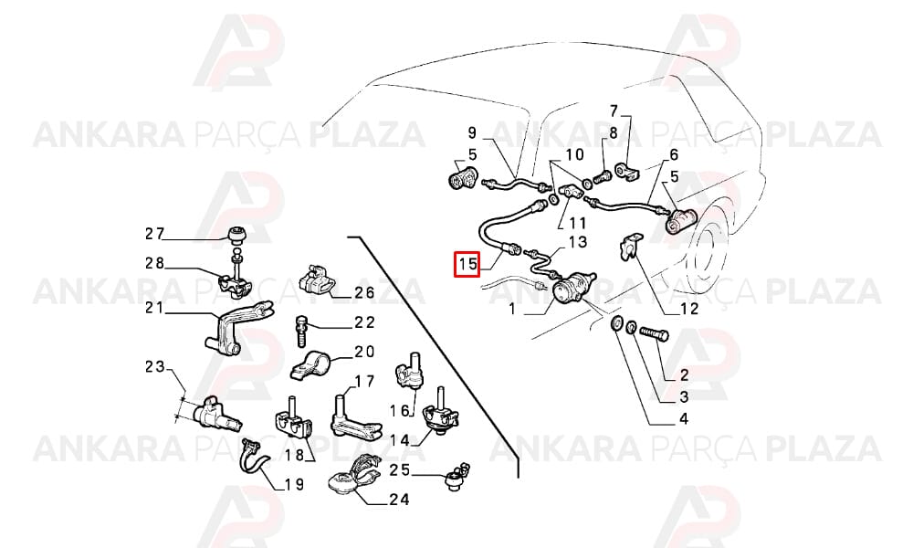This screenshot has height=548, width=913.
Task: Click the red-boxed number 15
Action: pyautogui.click(x=467, y=264)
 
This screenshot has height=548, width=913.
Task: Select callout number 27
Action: pyautogui.click(x=155, y=234)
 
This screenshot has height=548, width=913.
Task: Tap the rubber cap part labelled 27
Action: pyautogui.click(x=236, y=236)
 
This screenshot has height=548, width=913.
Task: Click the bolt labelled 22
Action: pyautogui.click(x=301, y=331)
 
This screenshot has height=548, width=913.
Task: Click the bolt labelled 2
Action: pyautogui.click(x=654, y=335)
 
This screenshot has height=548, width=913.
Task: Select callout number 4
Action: pyautogui.click(x=684, y=418)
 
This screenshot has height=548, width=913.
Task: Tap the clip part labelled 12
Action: pyautogui.click(x=628, y=246)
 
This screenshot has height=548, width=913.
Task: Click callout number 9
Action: pyautogui.click(x=472, y=132)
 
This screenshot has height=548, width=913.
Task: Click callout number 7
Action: pyautogui.click(x=614, y=111)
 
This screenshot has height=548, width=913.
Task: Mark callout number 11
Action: pyautogui.click(x=578, y=222)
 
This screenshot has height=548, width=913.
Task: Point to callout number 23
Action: pyautogui.click(x=155, y=367)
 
